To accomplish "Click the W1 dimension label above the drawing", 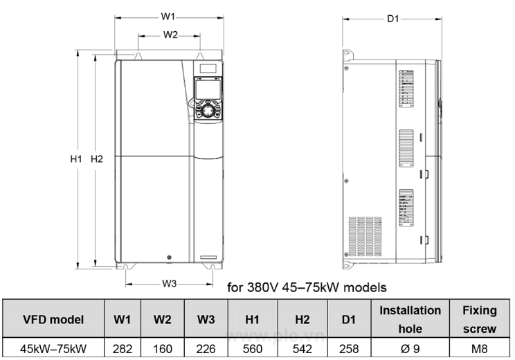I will pos(168,15).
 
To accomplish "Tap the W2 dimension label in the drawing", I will pos(170,34).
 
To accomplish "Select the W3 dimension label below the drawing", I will pos(170,283).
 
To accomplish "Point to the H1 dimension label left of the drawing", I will pos(76,159).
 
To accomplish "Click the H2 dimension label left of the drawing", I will pos(97,159).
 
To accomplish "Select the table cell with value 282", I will pos(123,350).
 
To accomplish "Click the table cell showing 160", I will pos(162,350).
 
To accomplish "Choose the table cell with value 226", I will pos(206,350).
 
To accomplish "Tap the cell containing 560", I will pos(253,350).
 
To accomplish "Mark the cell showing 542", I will pos(302,350).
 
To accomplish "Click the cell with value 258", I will pos(349,350).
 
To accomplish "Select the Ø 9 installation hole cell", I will pos(410,350).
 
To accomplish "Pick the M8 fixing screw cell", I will pos(479,350).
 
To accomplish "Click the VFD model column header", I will pos(53,319).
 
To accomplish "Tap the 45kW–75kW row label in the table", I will pos(53,350).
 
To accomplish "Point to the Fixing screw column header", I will pos(479,319).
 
